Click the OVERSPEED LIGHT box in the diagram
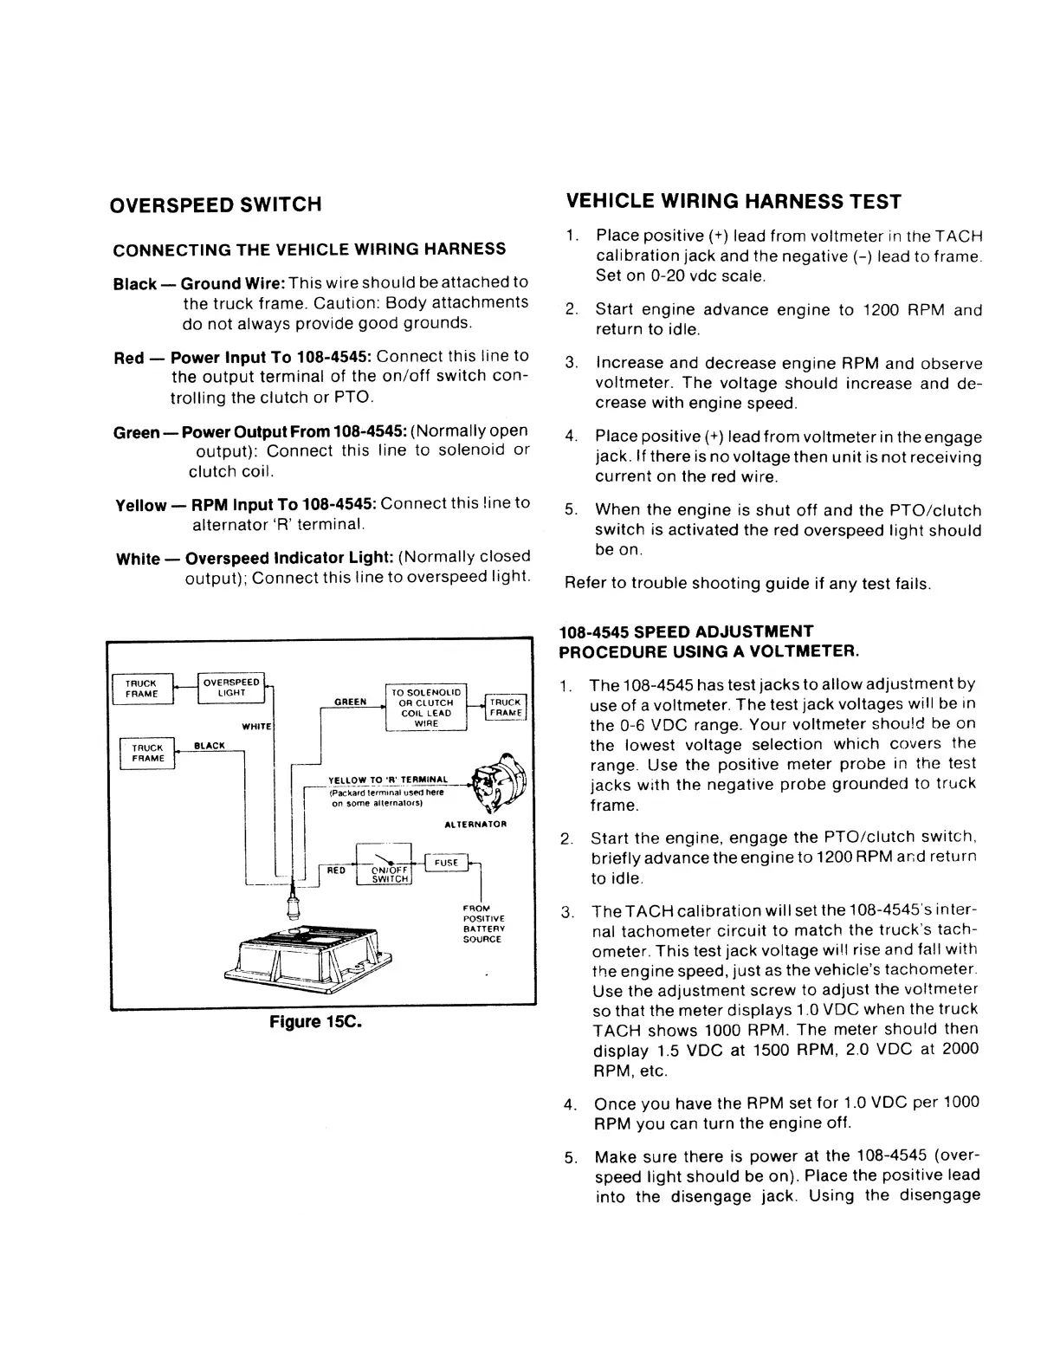tap(231, 687)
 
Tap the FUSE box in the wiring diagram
tap(446, 863)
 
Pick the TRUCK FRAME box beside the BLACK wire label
tap(147, 753)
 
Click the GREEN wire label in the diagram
tap(350, 702)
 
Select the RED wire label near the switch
tap(336, 870)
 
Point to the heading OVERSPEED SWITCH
tap(217, 204)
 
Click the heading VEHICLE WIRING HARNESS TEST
tap(734, 202)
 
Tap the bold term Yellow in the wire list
tap(141, 505)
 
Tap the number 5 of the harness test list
tap(570, 510)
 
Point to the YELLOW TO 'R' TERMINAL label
tap(388, 780)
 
